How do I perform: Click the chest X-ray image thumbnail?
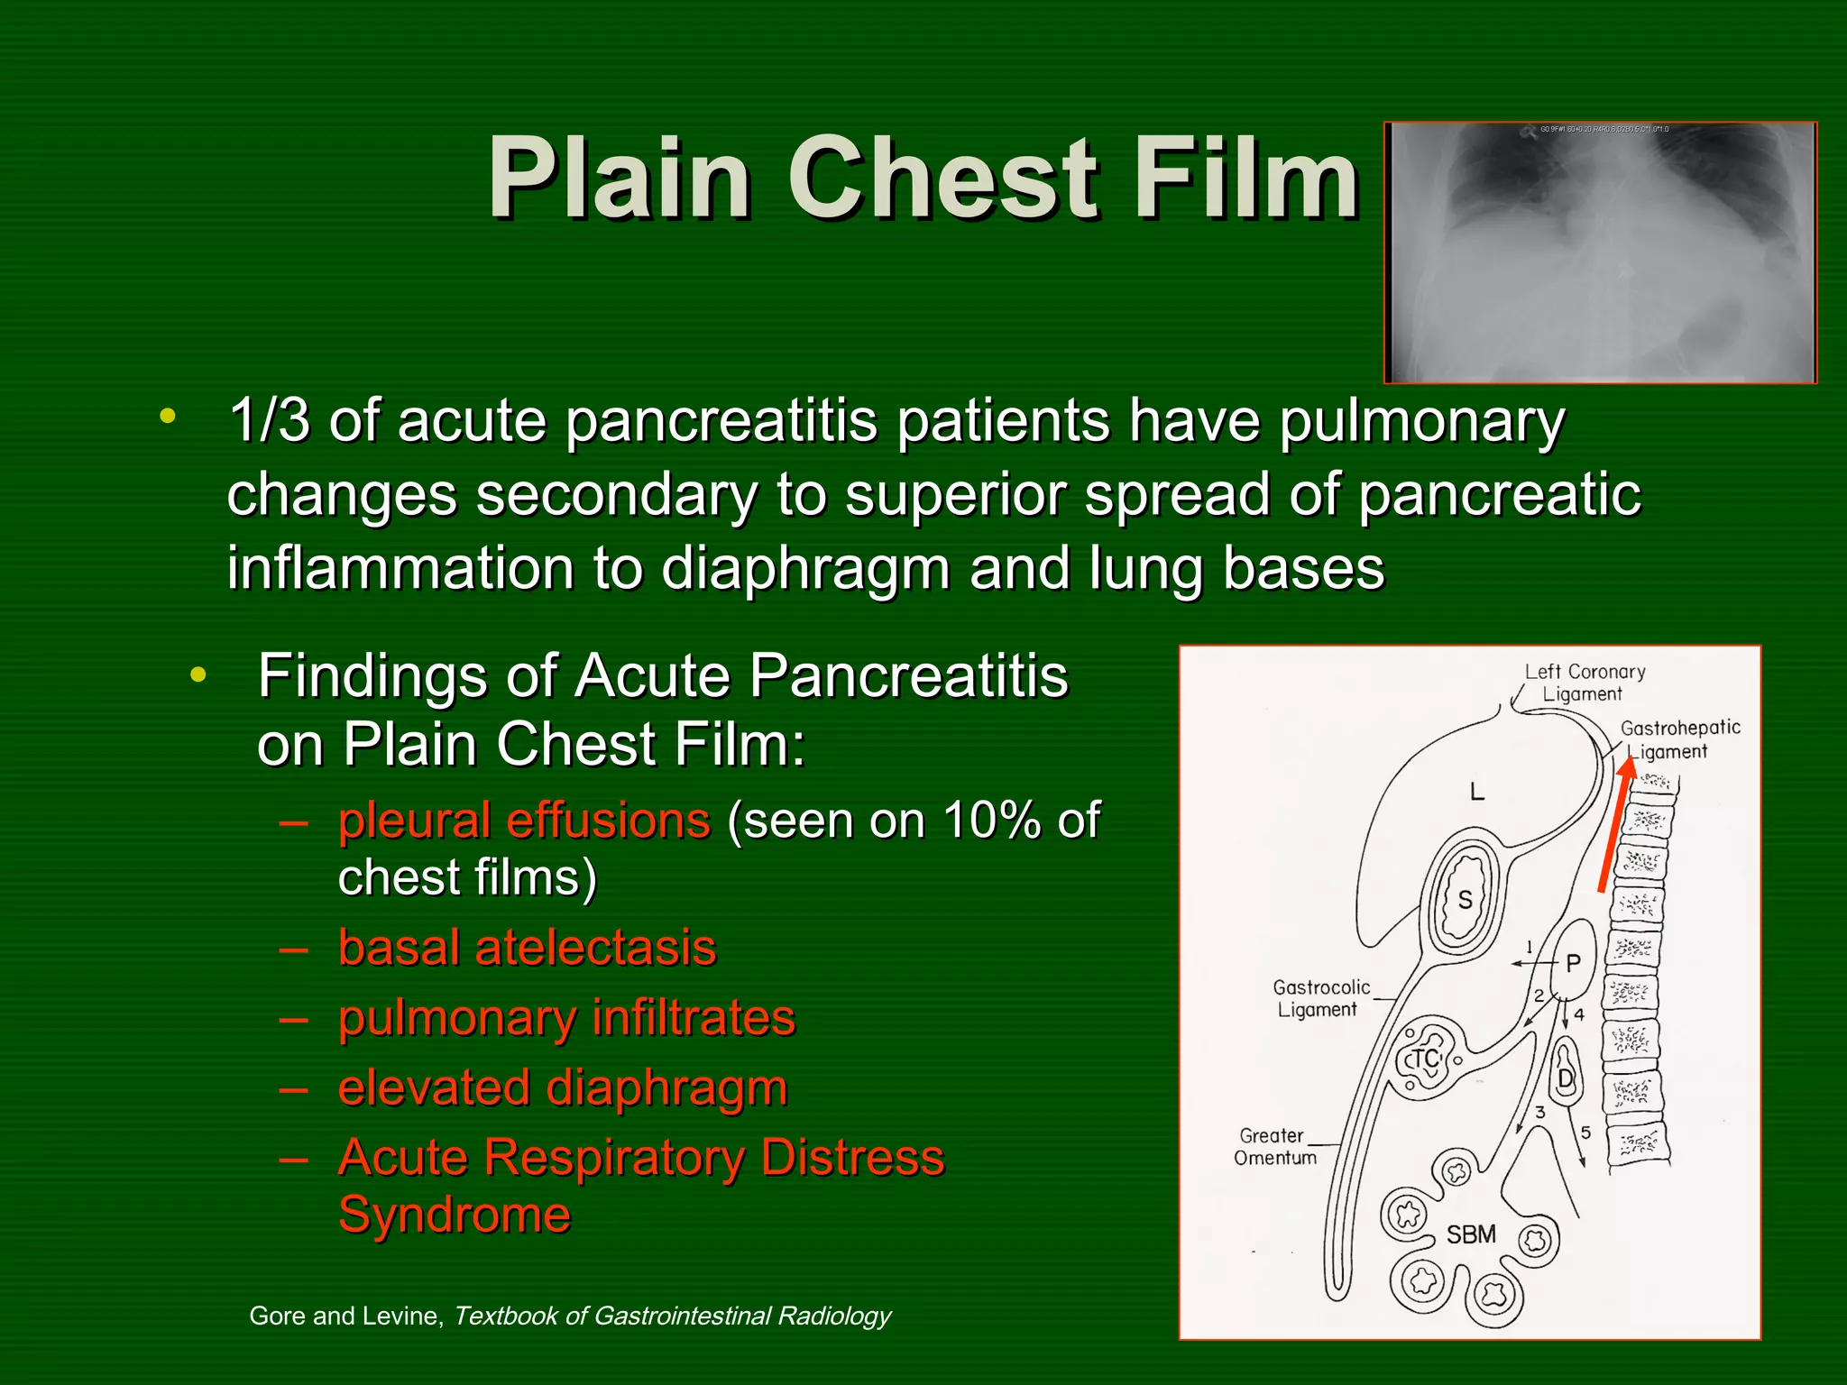[1600, 252]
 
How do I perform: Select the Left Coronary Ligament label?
[1585, 683]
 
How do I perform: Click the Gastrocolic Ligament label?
[1320, 998]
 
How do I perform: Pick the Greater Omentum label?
[1274, 1147]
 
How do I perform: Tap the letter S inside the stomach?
[1466, 899]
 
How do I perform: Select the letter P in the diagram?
[1573, 963]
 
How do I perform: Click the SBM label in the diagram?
[1471, 1234]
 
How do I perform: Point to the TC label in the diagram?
[1426, 1059]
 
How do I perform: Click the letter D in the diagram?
[1566, 1078]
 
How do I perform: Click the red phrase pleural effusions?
[524, 821]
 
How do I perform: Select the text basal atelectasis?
[527, 948]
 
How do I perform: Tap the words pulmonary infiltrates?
[566, 1018]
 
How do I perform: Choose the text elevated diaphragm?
[562, 1087]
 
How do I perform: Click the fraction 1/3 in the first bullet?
[269, 420]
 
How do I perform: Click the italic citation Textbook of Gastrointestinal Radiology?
[671, 1316]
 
